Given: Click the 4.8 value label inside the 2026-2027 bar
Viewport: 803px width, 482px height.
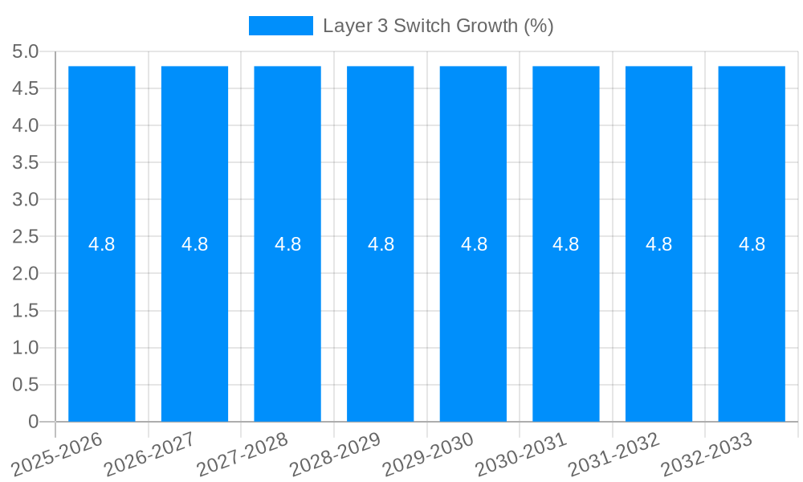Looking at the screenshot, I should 195,244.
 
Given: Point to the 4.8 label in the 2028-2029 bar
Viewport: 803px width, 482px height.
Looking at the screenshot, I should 381,244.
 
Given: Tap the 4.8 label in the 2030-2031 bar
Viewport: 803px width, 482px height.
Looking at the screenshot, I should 566,244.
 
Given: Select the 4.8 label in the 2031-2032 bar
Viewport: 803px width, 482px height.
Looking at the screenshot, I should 659,244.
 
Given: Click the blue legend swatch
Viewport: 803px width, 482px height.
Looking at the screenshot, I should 280,26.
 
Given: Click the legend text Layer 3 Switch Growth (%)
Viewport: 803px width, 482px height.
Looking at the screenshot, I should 438,26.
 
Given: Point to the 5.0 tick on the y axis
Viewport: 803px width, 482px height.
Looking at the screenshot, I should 25,51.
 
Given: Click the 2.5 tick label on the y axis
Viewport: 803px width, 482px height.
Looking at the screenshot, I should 25,237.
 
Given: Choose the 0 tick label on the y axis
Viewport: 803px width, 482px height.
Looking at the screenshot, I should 33,422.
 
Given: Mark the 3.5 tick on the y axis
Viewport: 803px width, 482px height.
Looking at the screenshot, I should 25,163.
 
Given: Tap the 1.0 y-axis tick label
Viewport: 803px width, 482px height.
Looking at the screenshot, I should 25,348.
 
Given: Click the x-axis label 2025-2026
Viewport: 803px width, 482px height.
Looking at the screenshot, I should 58,454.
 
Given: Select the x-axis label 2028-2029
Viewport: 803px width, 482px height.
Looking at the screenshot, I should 335,454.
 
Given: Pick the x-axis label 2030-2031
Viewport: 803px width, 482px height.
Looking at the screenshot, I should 521,454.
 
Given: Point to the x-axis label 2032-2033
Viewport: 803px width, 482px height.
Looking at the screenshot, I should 707,454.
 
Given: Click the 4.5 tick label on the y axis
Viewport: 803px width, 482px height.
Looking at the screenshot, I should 25,88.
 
